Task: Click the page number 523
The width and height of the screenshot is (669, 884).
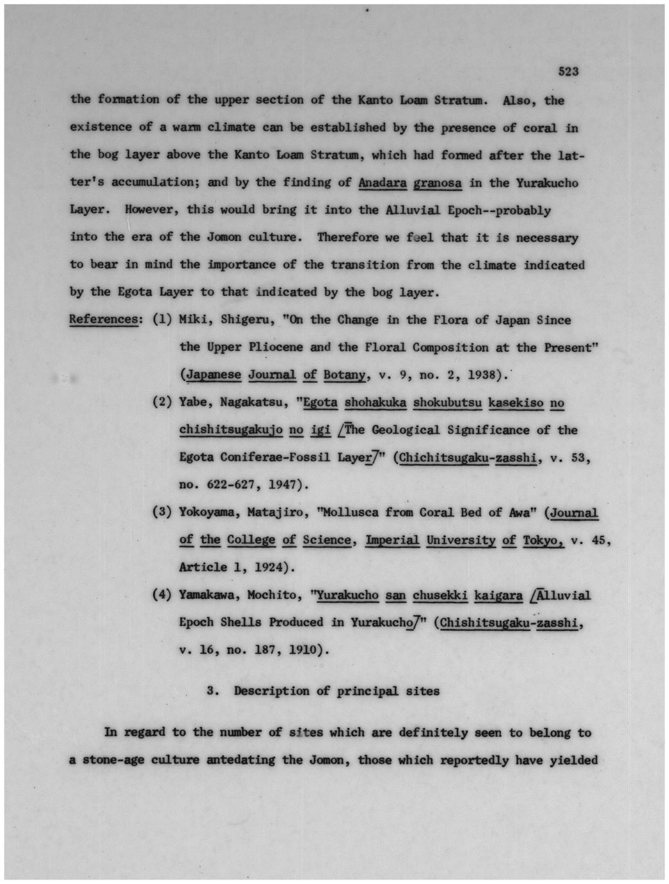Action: (568, 72)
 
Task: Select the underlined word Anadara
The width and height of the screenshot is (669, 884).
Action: (383, 183)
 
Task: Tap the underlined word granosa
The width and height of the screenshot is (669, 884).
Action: (438, 183)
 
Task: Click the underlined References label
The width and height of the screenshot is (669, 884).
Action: (103, 319)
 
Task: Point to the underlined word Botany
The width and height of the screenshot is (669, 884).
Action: (344, 375)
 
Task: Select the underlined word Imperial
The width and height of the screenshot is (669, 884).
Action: (392, 540)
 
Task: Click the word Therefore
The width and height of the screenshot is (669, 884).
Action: (348, 238)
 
